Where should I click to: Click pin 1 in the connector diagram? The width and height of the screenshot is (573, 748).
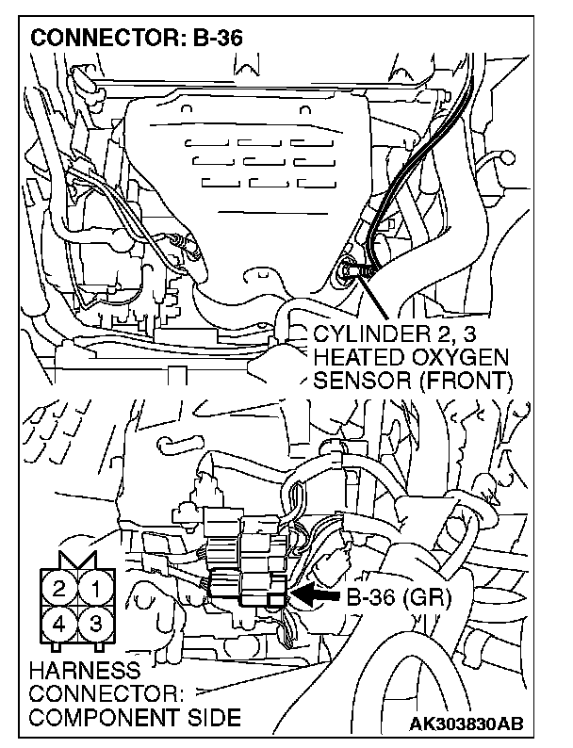(x=95, y=590)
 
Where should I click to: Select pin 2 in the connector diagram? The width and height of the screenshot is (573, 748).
(x=59, y=590)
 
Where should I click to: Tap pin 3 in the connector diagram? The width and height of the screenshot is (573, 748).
(x=95, y=624)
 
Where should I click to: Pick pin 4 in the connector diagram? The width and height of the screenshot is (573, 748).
(x=59, y=624)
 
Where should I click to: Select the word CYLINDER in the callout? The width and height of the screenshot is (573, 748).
(x=368, y=334)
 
